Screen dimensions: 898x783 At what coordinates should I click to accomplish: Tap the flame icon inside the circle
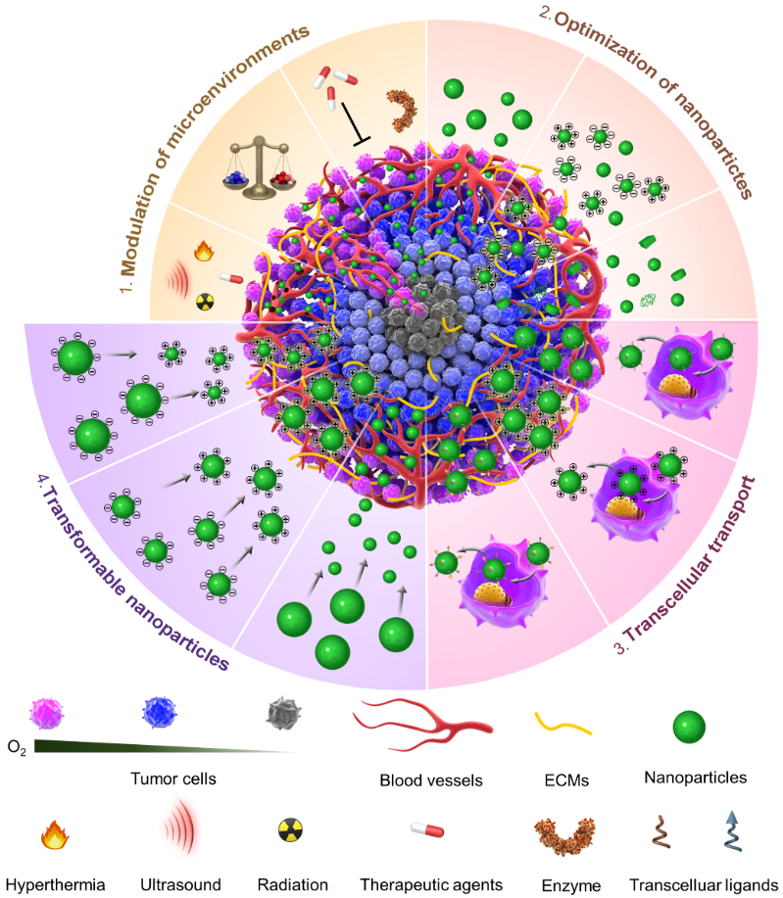203,252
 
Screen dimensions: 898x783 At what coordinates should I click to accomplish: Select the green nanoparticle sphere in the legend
690,726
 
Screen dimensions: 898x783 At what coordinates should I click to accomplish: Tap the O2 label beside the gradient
18,747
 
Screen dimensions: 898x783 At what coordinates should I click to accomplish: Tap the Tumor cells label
171,780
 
